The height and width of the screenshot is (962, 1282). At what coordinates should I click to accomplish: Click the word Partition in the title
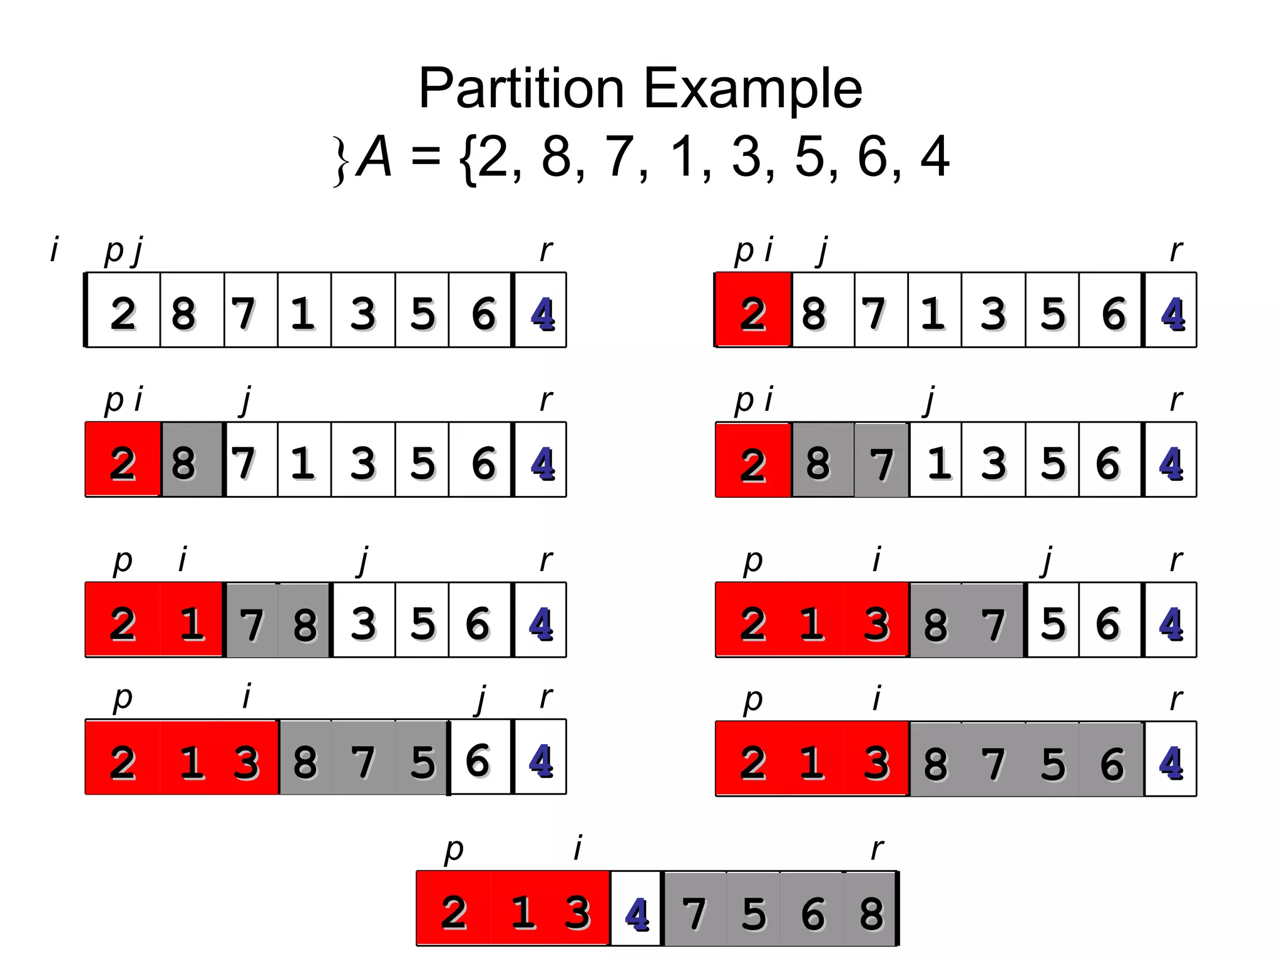[521, 88]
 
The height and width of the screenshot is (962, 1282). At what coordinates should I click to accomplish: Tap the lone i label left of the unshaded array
[54, 249]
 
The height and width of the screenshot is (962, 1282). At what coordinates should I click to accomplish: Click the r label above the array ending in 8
[877, 849]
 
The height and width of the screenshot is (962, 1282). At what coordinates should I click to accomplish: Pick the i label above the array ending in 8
[578, 849]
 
